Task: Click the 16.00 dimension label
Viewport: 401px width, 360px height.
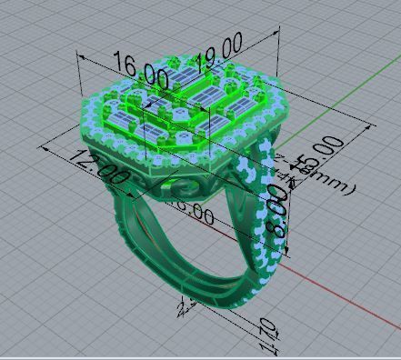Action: pos(140,71)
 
